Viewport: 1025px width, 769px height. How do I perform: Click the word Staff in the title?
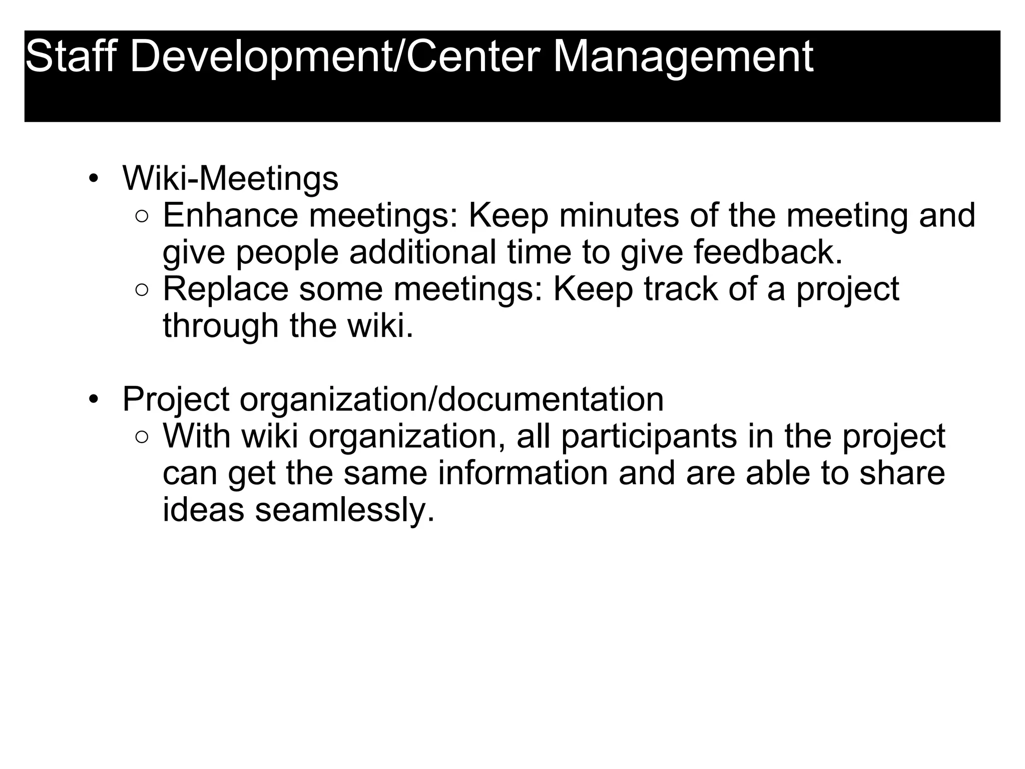tap(70, 56)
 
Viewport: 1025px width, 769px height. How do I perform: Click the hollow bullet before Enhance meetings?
tap(142, 217)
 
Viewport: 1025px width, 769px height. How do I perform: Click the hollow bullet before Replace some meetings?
tap(142, 290)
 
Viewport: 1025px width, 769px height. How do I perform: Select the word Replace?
tap(226, 289)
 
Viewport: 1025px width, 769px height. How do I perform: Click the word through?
tap(221, 326)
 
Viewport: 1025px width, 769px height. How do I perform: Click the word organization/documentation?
tap(451, 400)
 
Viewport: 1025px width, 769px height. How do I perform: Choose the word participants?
tap(649, 437)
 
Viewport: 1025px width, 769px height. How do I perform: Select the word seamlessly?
tap(344, 511)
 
